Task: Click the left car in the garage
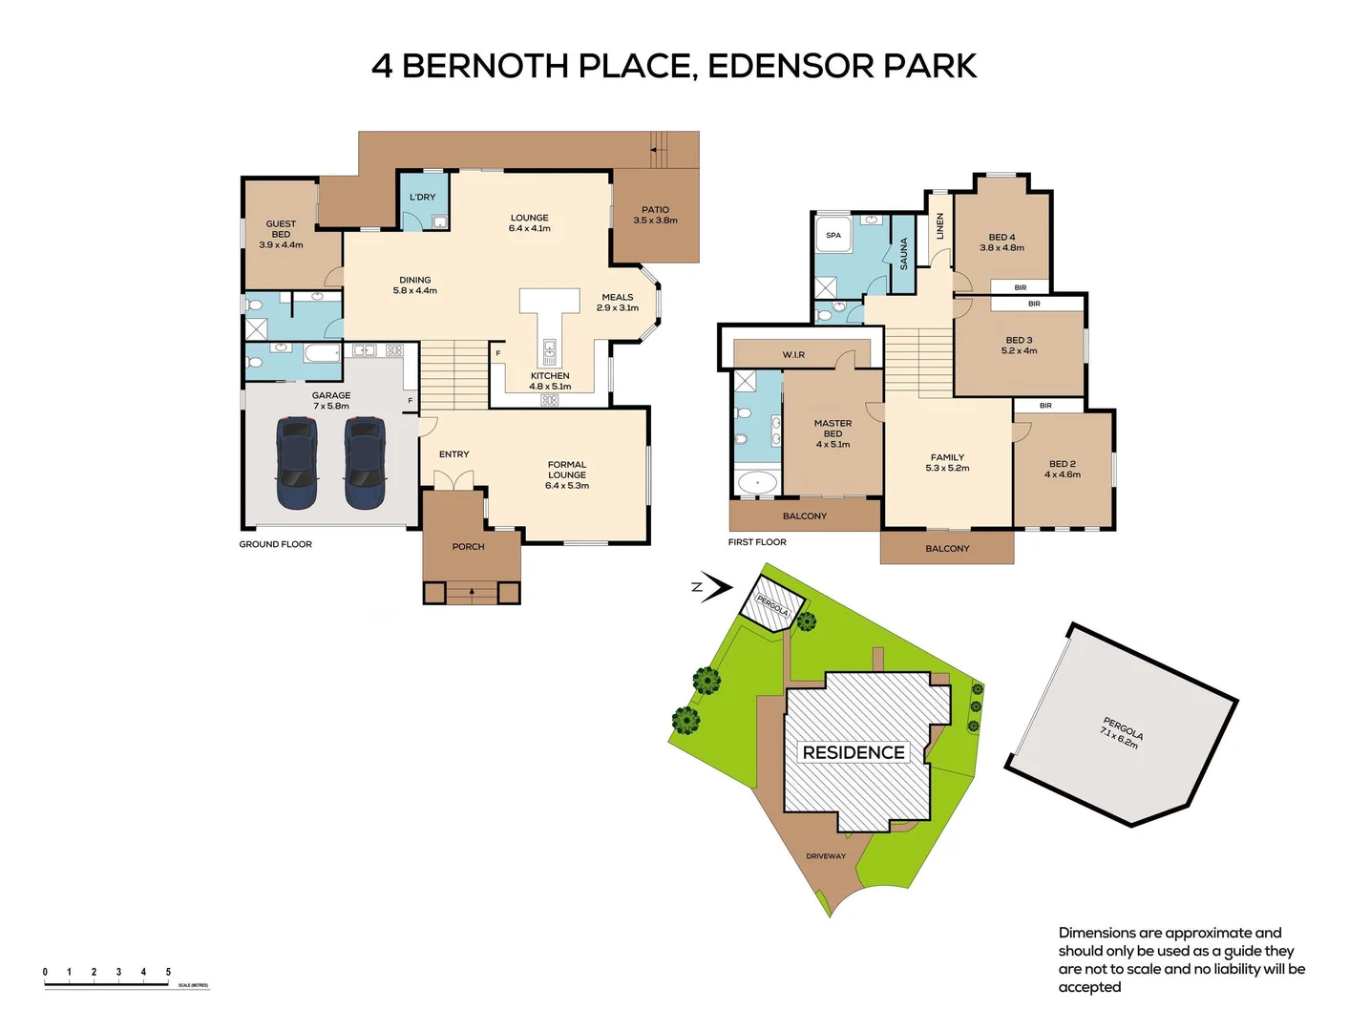[296, 463]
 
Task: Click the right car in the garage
[365, 463]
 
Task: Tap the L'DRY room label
[422, 198]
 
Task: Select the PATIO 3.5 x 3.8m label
[655, 215]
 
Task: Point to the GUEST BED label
[281, 234]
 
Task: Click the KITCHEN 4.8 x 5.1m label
[550, 381]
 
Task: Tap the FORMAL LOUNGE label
[567, 474]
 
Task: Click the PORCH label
[468, 547]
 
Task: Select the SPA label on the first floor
[833, 235]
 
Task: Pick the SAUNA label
[903, 253]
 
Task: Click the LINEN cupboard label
[939, 225]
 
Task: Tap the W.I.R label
[793, 355]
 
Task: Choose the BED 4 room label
[1001, 242]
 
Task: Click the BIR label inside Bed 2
[1045, 406]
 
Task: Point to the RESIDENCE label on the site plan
[854, 752]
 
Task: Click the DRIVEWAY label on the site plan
[826, 856]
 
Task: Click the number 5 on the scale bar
[168, 972]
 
